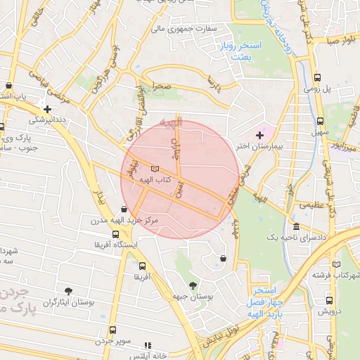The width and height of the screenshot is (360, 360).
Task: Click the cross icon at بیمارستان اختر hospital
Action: coord(259,134)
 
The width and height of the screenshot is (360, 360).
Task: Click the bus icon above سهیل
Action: coord(321,121)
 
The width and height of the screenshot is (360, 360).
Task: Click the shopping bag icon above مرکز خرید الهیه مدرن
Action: coord(124,209)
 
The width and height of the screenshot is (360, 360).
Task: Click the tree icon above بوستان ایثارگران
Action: coord(68,290)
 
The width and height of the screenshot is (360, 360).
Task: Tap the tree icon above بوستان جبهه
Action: coord(193,285)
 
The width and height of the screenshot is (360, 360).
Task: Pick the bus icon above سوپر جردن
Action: coord(112,330)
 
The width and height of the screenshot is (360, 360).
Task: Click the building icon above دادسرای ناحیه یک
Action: coord(296,227)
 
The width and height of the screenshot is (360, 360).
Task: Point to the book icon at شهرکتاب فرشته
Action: coord(337,264)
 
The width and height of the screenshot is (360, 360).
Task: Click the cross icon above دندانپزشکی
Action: coord(47,109)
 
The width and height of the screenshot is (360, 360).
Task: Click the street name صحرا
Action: coord(155,85)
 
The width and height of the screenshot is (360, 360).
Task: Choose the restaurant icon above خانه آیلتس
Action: coord(148,345)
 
